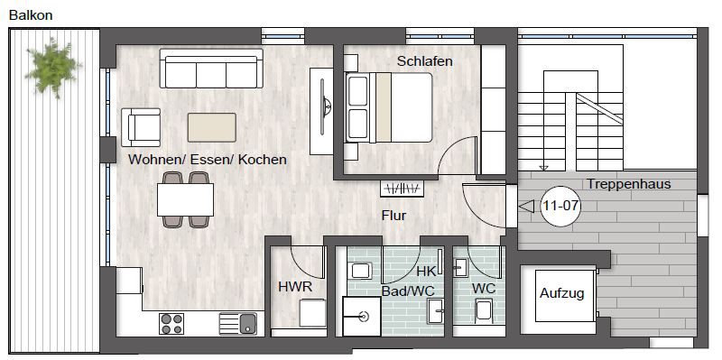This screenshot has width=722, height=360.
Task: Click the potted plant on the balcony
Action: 53,67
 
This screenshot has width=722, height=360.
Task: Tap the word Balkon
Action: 31,15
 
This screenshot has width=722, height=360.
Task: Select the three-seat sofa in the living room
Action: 211,69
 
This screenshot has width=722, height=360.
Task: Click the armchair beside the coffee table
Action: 141,127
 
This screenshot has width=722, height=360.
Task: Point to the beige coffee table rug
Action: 212,127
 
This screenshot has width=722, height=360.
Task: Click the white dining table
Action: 185,199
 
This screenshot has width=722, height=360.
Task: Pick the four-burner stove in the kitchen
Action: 171,323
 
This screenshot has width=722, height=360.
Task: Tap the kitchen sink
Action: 238,323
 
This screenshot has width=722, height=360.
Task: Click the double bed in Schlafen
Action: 389,106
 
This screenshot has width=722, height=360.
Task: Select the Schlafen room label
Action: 425,60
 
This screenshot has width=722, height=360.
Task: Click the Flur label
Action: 393,215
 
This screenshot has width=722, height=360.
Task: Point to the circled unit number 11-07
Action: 560,206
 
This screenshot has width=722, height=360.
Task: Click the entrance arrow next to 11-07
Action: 526,207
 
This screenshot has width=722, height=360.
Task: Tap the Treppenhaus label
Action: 628,184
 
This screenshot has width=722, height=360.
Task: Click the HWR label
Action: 295,287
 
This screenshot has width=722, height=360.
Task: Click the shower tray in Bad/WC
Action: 362,317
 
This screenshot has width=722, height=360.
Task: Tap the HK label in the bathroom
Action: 426,272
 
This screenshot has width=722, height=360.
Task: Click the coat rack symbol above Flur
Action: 402,189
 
